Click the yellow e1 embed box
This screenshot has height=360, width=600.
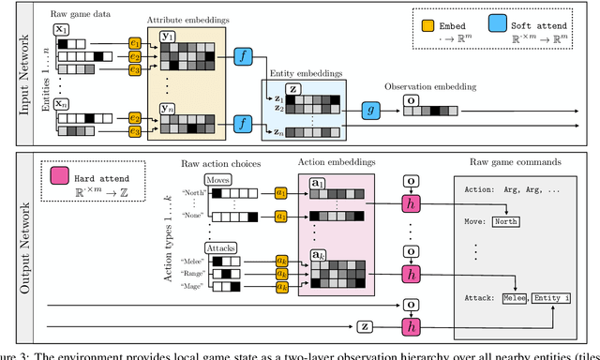[x=135, y=43]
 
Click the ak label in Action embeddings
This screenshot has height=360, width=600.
[x=318, y=254]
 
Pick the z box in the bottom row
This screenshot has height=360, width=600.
[x=365, y=327]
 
